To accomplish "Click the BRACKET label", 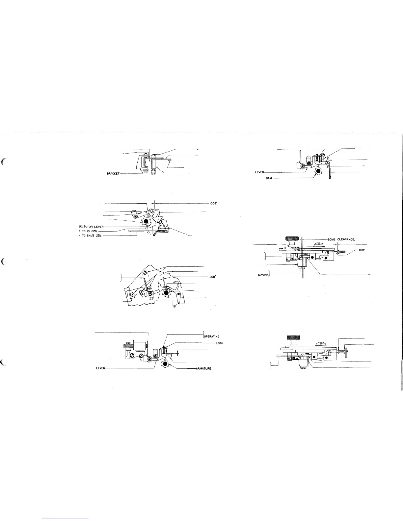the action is (x=113, y=173).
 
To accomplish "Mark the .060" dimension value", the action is (x=212, y=277).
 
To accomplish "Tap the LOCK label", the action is (x=220, y=343).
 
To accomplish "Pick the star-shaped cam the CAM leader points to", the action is (x=318, y=171).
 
